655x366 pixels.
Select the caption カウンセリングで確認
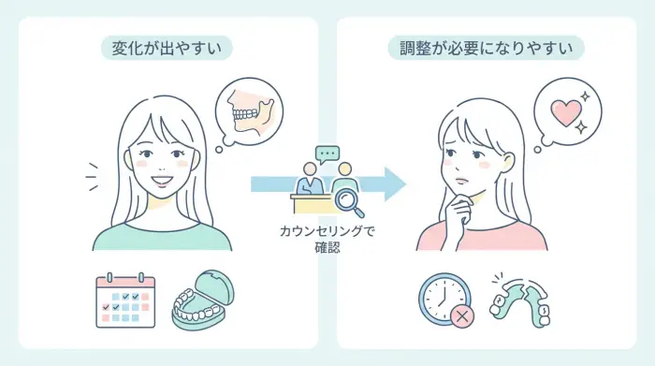coord(327,239)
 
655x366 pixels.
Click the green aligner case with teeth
coord(206,300)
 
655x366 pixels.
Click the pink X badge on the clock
coord(461,316)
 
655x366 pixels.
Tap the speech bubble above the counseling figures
coord(327,153)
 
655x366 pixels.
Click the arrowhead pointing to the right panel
coord(395,183)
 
